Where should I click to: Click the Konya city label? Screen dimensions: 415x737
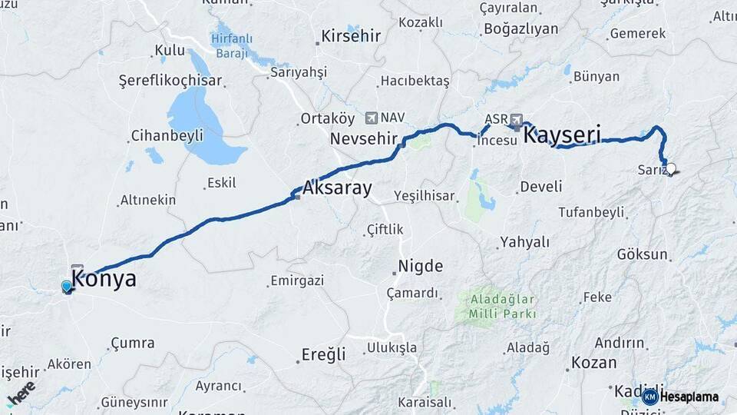[104, 279]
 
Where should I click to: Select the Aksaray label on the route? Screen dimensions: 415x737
[337, 188]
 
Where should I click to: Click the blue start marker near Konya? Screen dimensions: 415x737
[67, 287]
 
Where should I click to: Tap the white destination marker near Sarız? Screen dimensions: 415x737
[671, 168]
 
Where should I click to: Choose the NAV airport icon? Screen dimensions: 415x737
[372, 118]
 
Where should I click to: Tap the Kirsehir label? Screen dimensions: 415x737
[351, 35]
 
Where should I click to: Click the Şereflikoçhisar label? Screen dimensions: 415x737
[170, 80]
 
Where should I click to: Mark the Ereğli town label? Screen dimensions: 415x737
[322, 354]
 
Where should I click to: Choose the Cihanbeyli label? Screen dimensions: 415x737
[167, 135]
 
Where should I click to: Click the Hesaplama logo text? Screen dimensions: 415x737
[689, 397]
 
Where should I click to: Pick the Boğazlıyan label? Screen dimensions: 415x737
[521, 28]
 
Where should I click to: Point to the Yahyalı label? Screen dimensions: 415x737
[525, 242]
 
